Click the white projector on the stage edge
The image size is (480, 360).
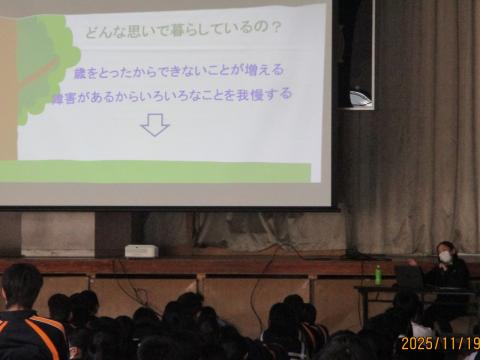pyautogui.click(x=141, y=251)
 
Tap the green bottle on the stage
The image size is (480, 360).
pyautogui.click(x=378, y=274)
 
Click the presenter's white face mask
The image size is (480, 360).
pyautogui.click(x=445, y=257)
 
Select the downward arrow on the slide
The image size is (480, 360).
pyautogui.click(x=154, y=124)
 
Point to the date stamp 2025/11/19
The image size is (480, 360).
pyautogui.click(x=439, y=343)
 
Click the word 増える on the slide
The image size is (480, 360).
pyautogui.click(x=264, y=72)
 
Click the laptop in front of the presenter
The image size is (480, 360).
pyautogui.click(x=409, y=277)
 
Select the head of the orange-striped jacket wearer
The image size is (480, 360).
pyautogui.click(x=21, y=286)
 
